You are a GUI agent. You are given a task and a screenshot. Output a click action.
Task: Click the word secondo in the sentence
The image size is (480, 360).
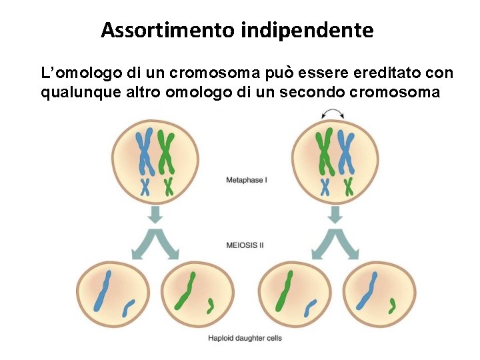pos(313,92)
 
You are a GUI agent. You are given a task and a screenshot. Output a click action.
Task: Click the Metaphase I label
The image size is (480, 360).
pos(247,180)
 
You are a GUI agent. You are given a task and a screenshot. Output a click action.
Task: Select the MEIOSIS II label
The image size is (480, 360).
pos(245,245)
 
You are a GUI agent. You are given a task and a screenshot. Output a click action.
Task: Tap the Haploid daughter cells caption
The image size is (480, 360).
pos(245,338)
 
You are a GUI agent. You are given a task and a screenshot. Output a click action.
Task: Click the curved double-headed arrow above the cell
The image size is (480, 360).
pos(335,118)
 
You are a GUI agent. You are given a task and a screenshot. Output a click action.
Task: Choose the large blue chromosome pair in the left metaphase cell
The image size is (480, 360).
pos(144,152)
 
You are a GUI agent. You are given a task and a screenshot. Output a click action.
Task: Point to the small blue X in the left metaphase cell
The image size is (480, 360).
pos(145,187)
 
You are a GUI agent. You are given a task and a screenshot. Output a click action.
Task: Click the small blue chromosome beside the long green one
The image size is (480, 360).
pos(311,307)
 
